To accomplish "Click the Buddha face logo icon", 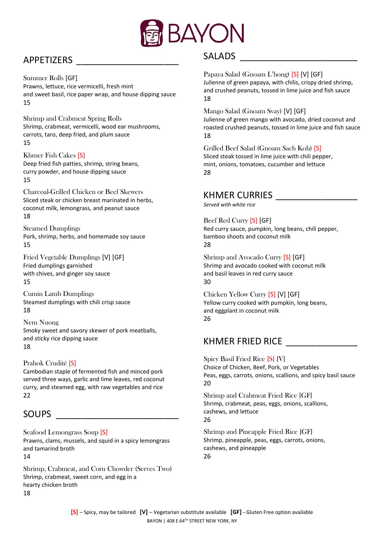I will [x=152, y=33].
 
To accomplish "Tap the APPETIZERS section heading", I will [x=48, y=60].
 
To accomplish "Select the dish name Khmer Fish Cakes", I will [x=49, y=155].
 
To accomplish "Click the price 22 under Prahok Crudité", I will [x=27, y=395].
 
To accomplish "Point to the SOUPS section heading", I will [x=37, y=414].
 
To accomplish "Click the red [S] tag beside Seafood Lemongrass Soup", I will [x=104, y=432].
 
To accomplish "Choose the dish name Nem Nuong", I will [x=41, y=322].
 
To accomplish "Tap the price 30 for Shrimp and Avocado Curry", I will [x=207, y=282].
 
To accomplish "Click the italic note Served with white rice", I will [x=229, y=204].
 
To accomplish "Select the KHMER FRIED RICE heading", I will [x=243, y=341].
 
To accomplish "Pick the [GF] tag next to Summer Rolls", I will [x=71, y=78].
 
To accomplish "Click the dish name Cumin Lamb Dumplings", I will [x=59, y=294].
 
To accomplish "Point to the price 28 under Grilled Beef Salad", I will [x=207, y=172].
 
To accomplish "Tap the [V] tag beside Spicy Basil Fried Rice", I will [x=281, y=359].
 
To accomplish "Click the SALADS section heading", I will [x=219, y=56].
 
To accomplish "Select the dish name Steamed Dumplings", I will [x=52, y=228].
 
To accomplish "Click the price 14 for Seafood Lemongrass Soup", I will [x=27, y=456].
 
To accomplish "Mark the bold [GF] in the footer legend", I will [x=236, y=512].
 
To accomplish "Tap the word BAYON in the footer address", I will [x=154, y=521].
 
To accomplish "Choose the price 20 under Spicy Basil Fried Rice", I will [x=207, y=383].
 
